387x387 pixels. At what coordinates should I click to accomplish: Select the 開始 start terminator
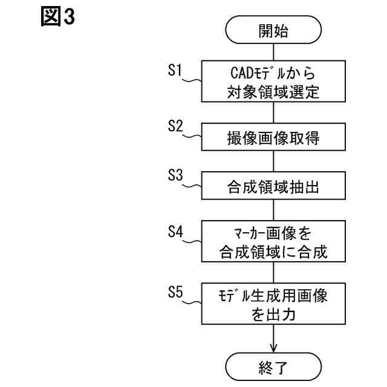point(274,31)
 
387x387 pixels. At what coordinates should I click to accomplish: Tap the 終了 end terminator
point(274,366)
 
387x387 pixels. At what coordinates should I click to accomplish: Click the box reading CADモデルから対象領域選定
point(274,83)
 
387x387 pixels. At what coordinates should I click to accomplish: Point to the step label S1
point(175,71)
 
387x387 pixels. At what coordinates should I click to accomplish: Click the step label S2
point(175,126)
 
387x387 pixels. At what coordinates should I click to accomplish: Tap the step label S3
point(175,176)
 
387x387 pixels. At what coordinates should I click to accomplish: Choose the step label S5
point(175,292)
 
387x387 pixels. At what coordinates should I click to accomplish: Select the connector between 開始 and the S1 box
point(274,52)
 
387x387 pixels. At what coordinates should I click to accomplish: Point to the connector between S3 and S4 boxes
point(274,210)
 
